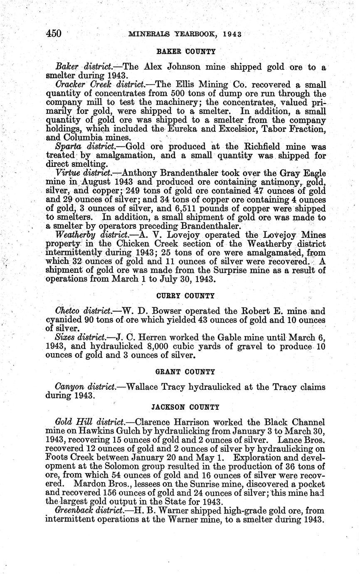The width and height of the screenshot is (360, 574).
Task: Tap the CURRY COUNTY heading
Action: tap(185, 296)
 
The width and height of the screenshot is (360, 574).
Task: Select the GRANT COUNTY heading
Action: tap(185, 371)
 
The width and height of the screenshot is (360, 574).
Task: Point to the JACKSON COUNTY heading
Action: tap(185, 406)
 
